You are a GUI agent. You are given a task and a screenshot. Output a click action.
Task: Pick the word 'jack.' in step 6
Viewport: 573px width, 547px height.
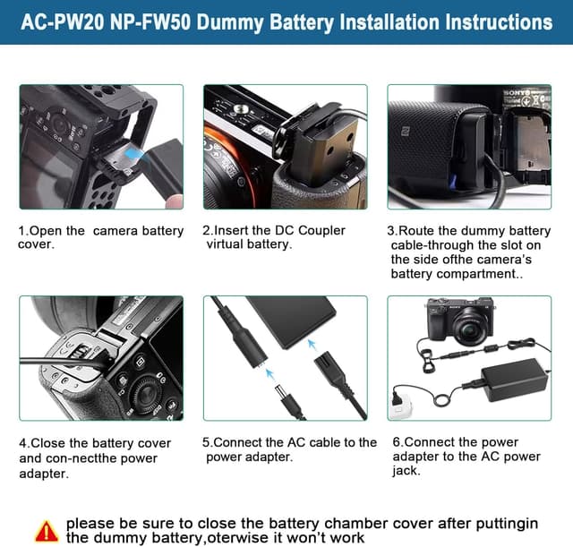406,471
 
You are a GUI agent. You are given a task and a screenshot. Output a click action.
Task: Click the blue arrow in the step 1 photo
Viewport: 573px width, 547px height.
134,156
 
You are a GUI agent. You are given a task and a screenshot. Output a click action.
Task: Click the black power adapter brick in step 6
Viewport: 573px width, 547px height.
514,380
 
